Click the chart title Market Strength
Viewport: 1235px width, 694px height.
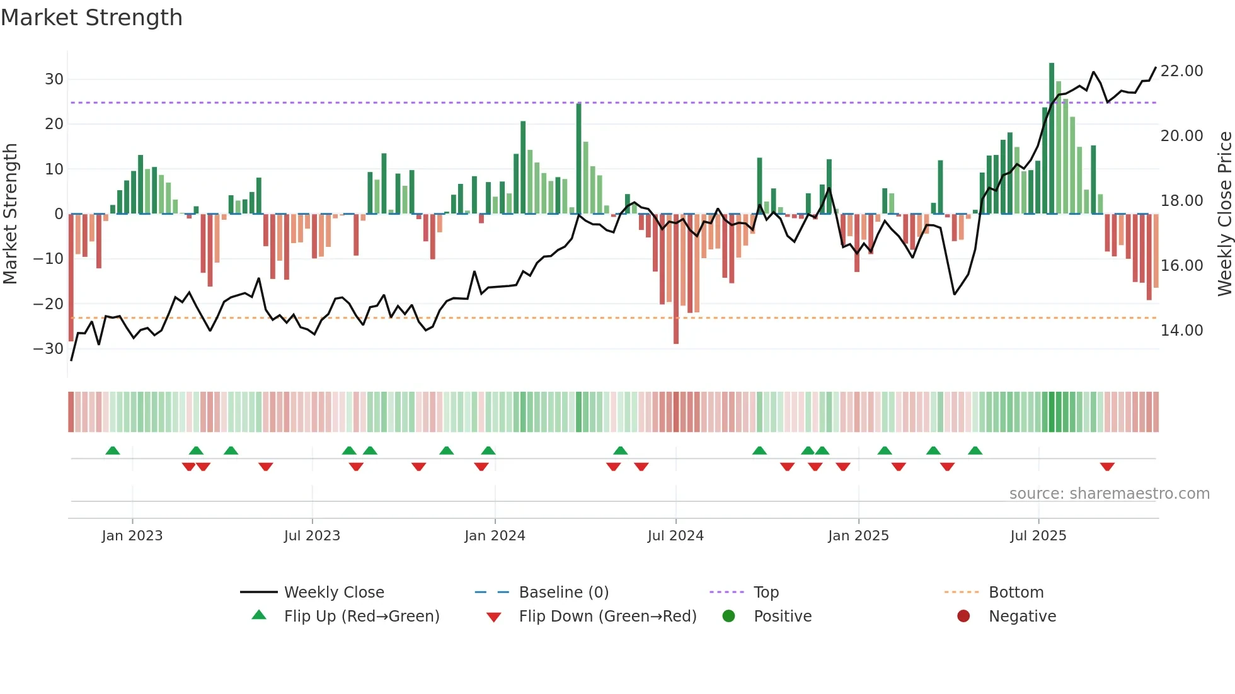tap(91, 18)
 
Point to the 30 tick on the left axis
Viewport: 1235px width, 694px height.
tap(54, 79)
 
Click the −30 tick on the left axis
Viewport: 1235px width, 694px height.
tap(49, 348)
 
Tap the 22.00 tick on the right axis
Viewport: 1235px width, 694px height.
tap(1181, 71)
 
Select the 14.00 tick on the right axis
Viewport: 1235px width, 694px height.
tap(1181, 331)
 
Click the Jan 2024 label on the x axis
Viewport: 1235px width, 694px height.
tap(495, 536)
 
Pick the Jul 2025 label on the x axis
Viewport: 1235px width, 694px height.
tap(1038, 536)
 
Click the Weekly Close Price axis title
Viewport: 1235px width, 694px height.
tap(1224, 214)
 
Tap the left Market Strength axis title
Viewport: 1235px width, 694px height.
tap(10, 214)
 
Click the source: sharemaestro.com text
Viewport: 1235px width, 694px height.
tap(1109, 494)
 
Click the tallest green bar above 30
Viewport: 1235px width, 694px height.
tap(1052, 139)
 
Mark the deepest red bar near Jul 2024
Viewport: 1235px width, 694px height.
tap(676, 279)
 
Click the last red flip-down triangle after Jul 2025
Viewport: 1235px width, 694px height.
tap(1107, 467)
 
